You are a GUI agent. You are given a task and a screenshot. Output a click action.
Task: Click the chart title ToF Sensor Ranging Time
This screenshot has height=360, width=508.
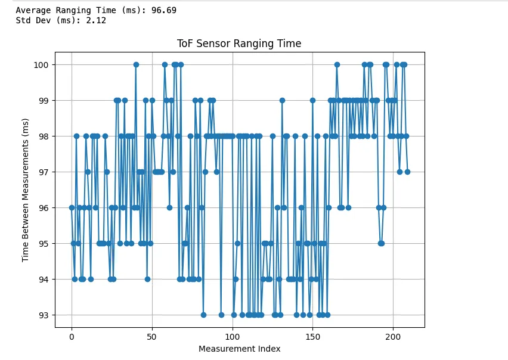point(239,44)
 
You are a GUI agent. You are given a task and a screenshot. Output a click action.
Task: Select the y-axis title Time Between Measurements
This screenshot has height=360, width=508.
point(26,190)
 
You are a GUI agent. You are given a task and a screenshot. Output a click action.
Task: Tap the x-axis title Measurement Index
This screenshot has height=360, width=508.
point(239,349)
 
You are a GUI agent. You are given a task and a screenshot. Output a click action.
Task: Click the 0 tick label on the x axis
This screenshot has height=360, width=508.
point(72,336)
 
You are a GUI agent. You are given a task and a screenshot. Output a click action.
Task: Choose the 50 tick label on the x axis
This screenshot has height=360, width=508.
point(152,336)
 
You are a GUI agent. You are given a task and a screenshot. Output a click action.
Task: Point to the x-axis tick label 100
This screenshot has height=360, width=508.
point(233,336)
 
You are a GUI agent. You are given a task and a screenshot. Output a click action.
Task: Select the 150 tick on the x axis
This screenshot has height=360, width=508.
point(312,336)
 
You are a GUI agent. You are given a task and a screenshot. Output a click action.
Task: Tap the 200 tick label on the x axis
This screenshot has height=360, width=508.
point(393,336)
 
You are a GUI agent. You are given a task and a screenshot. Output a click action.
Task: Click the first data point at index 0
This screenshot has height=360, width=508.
point(72,207)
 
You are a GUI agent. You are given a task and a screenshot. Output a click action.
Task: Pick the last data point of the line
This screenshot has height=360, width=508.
point(407,172)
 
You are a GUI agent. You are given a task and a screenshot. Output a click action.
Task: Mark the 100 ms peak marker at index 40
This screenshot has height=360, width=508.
point(136,64)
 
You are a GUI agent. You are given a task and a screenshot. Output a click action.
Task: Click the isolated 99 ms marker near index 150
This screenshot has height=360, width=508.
point(312,100)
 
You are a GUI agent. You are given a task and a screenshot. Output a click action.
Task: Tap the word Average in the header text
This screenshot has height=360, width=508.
point(33,10)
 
